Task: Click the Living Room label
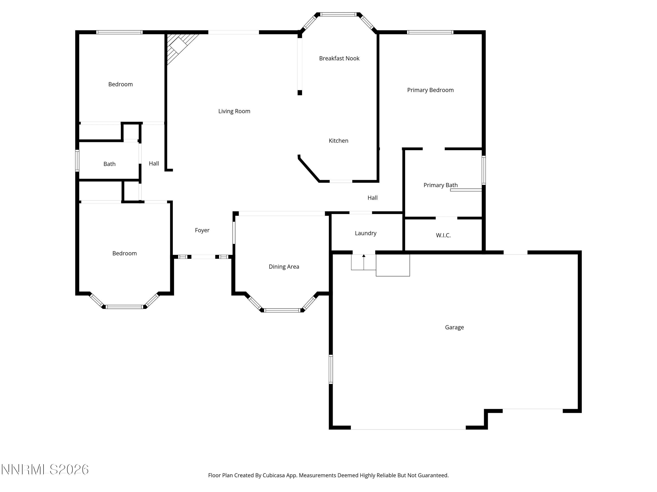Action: pos(234,111)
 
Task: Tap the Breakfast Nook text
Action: pos(339,58)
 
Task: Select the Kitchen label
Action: pos(338,141)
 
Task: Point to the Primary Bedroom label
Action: pos(430,90)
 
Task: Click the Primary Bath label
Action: pos(440,185)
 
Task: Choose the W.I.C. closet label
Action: pos(443,235)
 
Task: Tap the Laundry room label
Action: pos(366,233)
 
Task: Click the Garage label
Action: pos(454,327)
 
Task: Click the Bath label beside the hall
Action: pos(109,164)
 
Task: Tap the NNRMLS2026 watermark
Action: pos(45,469)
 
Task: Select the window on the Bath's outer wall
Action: pos(77,161)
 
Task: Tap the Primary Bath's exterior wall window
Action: pos(484,170)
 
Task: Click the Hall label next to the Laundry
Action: pos(373,198)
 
